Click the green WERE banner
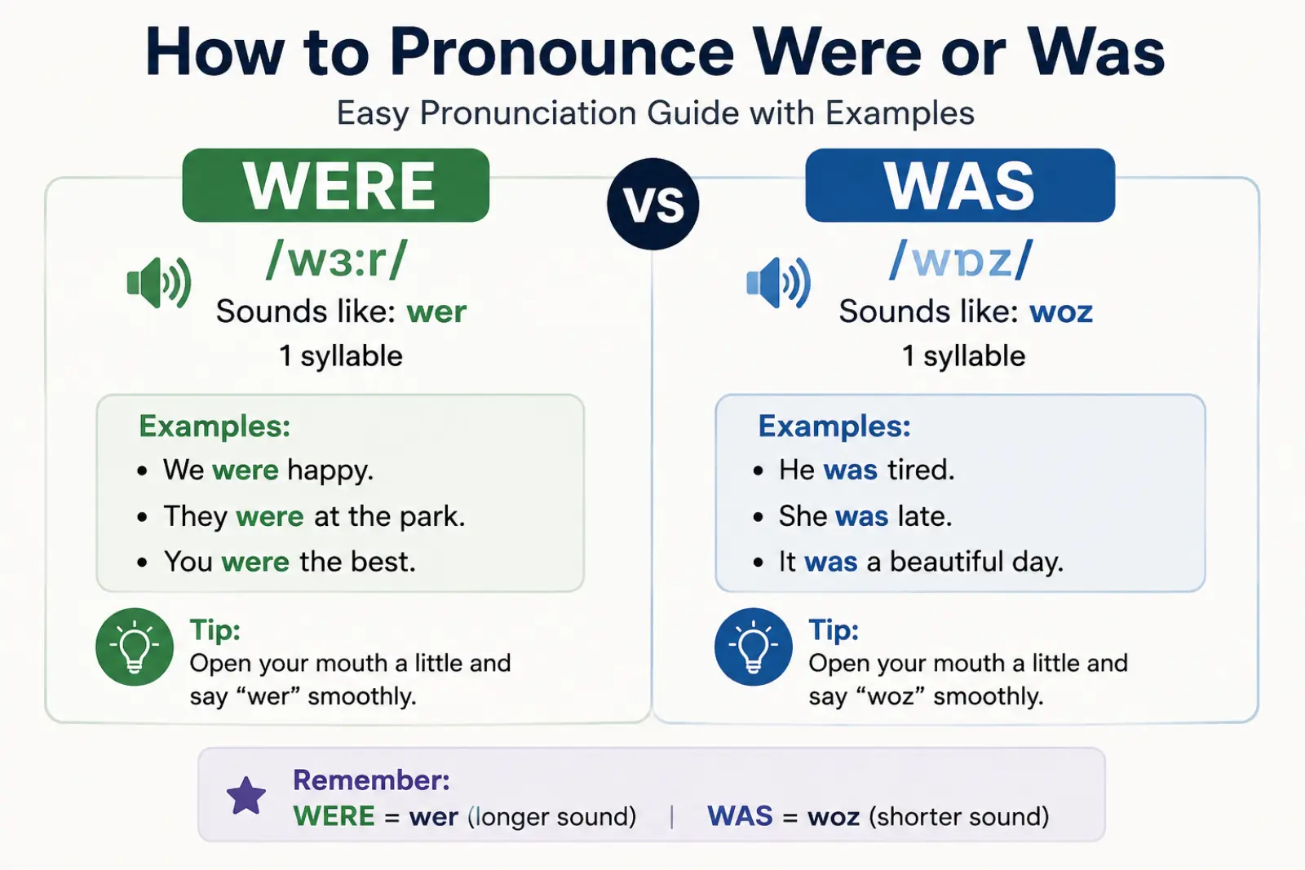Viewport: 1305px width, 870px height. point(335,185)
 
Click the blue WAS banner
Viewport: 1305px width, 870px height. point(960,185)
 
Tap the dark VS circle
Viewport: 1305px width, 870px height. point(653,204)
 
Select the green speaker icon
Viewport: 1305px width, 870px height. point(158,282)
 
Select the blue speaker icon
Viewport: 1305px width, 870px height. point(778,282)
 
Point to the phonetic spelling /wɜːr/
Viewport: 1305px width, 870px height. point(337,260)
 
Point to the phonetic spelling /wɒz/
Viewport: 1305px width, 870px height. point(961,260)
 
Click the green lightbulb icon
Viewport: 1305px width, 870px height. point(135,647)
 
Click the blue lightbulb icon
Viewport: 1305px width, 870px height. point(754,647)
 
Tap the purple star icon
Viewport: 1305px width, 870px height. point(246,796)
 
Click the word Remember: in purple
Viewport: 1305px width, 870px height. point(371,780)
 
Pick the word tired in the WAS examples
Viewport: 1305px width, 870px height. point(918,470)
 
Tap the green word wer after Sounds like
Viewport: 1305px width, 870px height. point(437,312)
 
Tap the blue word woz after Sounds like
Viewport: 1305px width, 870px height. point(1061,312)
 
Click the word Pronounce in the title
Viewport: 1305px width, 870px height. point(561,53)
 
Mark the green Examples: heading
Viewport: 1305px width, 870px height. point(215,426)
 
